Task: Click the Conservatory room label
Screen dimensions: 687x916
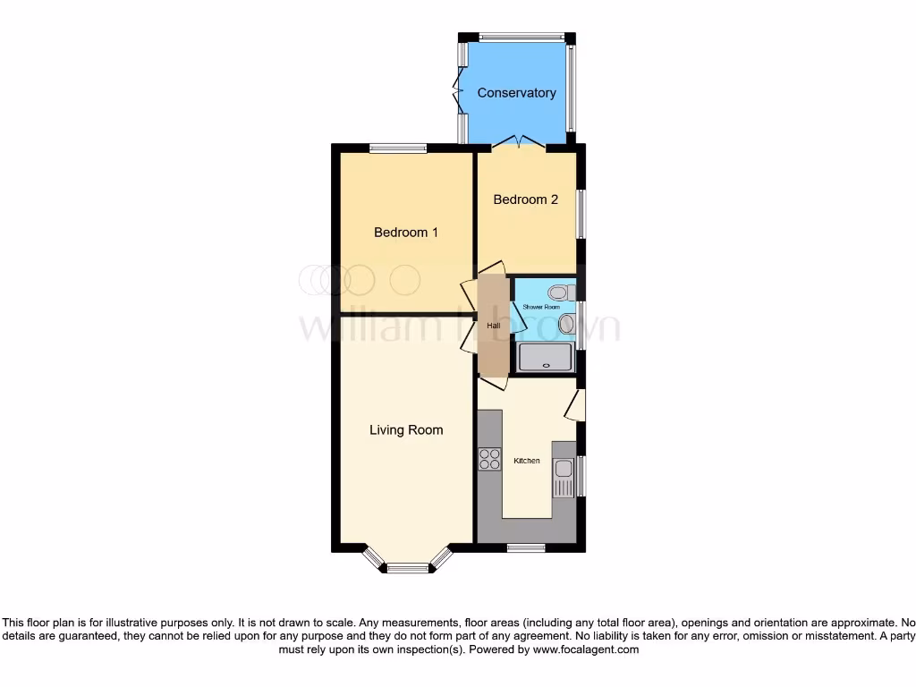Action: coord(516,93)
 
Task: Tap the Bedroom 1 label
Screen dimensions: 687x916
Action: coord(406,233)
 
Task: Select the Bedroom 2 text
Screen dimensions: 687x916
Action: coord(526,199)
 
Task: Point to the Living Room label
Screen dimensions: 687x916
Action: coord(406,430)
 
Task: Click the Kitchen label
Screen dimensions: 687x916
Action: coord(526,461)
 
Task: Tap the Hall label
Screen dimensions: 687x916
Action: coord(493,327)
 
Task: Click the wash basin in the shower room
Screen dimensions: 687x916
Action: coord(565,323)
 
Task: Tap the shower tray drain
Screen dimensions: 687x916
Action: coord(546,365)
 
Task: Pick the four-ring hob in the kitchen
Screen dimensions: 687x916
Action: coord(489,460)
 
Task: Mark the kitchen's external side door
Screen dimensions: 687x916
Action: coord(574,404)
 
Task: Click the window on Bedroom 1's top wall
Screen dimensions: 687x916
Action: coord(396,148)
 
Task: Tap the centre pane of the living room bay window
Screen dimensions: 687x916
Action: coord(408,566)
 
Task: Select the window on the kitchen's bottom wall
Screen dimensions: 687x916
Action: coord(526,547)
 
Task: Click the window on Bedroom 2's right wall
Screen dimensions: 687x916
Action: coord(581,214)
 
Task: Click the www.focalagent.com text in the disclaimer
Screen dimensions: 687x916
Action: coord(585,650)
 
